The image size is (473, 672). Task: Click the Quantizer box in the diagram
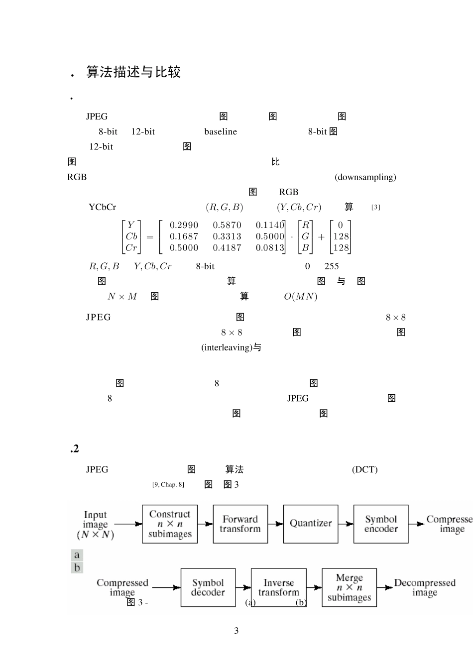tap(311, 524)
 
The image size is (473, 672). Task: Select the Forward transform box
tap(240, 524)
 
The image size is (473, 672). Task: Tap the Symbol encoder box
tap(381, 524)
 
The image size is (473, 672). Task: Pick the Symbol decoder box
tap(208, 587)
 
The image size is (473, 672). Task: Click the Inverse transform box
tap(278, 587)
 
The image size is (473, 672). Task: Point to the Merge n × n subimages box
tap(350, 587)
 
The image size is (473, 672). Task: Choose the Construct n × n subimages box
tap(170, 524)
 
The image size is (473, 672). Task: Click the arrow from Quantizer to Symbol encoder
tap(346, 524)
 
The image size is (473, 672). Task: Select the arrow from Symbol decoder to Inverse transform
tap(243, 587)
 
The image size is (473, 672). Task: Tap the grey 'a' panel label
tap(77, 555)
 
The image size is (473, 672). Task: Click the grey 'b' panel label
tap(77, 567)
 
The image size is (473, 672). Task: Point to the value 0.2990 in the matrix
tap(184, 225)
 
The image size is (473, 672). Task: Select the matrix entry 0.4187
tap(227, 248)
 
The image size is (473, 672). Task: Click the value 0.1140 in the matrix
tap(270, 225)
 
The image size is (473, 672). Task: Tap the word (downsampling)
tap(365, 177)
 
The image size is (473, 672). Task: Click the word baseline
tap(221, 131)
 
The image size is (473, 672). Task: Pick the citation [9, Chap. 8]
tap(168, 484)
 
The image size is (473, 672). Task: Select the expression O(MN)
tap(300, 296)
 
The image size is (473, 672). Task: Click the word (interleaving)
tap(227, 347)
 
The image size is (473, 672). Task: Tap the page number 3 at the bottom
tap(236, 631)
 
